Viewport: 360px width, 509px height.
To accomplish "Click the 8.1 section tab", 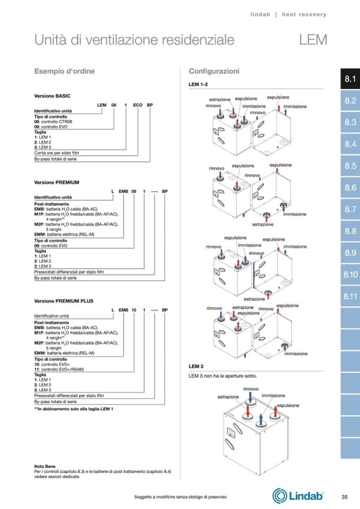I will [349, 79].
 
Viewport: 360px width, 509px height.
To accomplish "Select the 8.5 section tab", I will [349, 166].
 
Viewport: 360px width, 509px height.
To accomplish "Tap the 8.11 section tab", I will [349, 296].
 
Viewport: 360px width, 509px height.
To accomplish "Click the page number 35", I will [344, 497].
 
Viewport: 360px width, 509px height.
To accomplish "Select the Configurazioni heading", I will [214, 71].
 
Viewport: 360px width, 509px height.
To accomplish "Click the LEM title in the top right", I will [313, 40].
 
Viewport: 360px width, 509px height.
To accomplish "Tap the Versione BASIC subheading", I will [53, 96].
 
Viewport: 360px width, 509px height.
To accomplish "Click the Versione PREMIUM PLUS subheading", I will [64, 301].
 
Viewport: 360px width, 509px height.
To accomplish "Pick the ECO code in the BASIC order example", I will [138, 106].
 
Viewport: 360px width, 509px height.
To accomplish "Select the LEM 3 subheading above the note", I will [196, 366].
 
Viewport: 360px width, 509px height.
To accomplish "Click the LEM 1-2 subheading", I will [199, 84].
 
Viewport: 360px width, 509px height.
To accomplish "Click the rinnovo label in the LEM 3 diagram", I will [251, 389].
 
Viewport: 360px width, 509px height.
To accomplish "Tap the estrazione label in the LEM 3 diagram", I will [228, 396].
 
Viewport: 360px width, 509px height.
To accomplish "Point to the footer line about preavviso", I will [181, 497].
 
